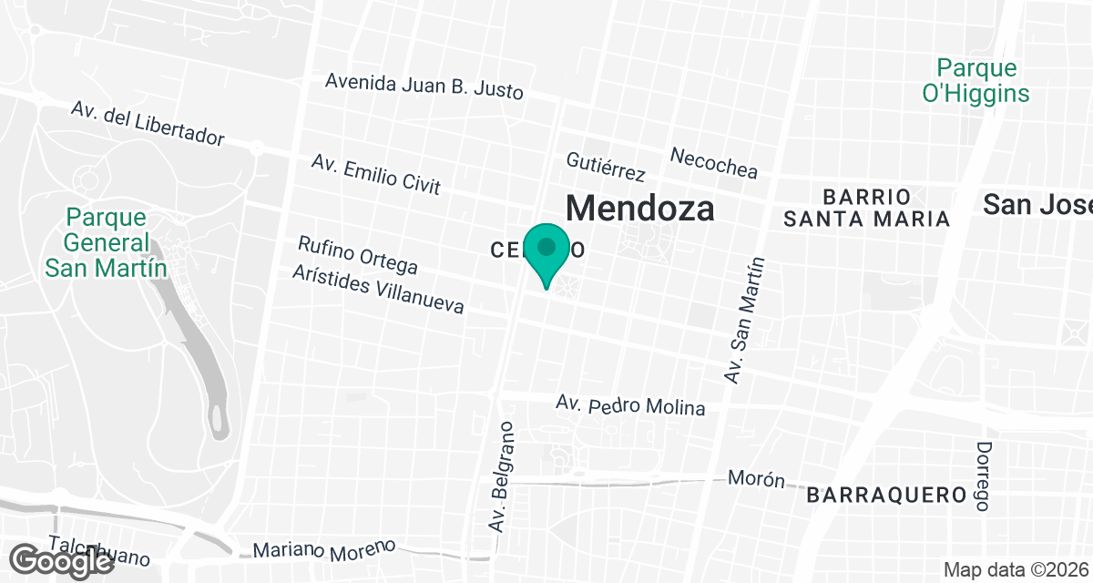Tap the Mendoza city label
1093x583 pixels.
coord(639,208)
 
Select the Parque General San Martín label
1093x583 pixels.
coord(107,243)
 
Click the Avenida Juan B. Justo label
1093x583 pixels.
coord(424,86)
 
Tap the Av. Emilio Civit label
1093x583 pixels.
coord(375,173)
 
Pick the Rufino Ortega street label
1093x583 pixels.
coord(358,255)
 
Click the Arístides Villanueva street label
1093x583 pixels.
coord(378,290)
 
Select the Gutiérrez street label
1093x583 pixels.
coord(606,166)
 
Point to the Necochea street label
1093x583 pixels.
coord(713,162)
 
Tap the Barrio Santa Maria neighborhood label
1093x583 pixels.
coord(867,208)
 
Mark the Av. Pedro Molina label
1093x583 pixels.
coord(630,405)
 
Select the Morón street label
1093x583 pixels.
coord(756,479)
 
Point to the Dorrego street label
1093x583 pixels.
coord(984,476)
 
